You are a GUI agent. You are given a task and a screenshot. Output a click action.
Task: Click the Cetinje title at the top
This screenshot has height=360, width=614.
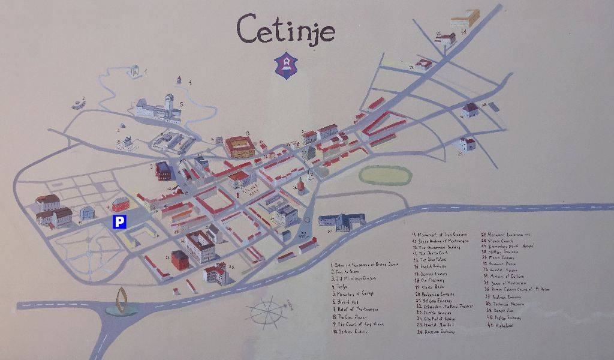[285, 29]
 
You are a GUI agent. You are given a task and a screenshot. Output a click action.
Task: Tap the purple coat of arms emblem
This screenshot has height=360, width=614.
[286, 65]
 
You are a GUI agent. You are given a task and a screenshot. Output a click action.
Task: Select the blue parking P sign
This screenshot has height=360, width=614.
[120, 222]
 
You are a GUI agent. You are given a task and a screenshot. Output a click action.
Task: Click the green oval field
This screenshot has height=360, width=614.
[385, 175]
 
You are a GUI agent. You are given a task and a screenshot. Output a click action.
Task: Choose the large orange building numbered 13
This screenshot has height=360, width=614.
[239, 146]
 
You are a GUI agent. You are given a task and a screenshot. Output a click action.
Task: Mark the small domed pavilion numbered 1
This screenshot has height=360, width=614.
[134, 71]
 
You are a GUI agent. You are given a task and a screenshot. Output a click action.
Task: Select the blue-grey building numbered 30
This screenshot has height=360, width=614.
[341, 222]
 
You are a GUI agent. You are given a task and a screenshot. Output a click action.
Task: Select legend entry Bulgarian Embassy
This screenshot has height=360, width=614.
[438, 295]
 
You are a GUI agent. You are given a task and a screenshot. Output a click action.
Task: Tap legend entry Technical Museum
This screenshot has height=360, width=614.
[509, 304]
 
